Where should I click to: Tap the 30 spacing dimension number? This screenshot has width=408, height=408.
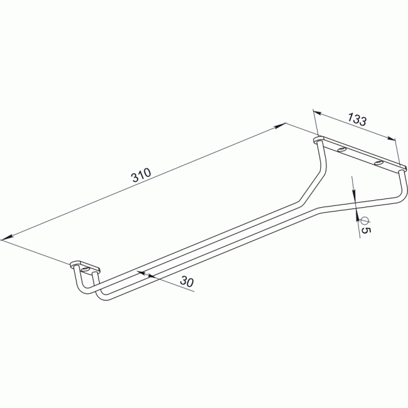click(186, 282)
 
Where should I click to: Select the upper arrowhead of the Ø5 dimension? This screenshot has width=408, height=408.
click(355, 196)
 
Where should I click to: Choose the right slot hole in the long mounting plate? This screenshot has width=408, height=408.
click(378, 163)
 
